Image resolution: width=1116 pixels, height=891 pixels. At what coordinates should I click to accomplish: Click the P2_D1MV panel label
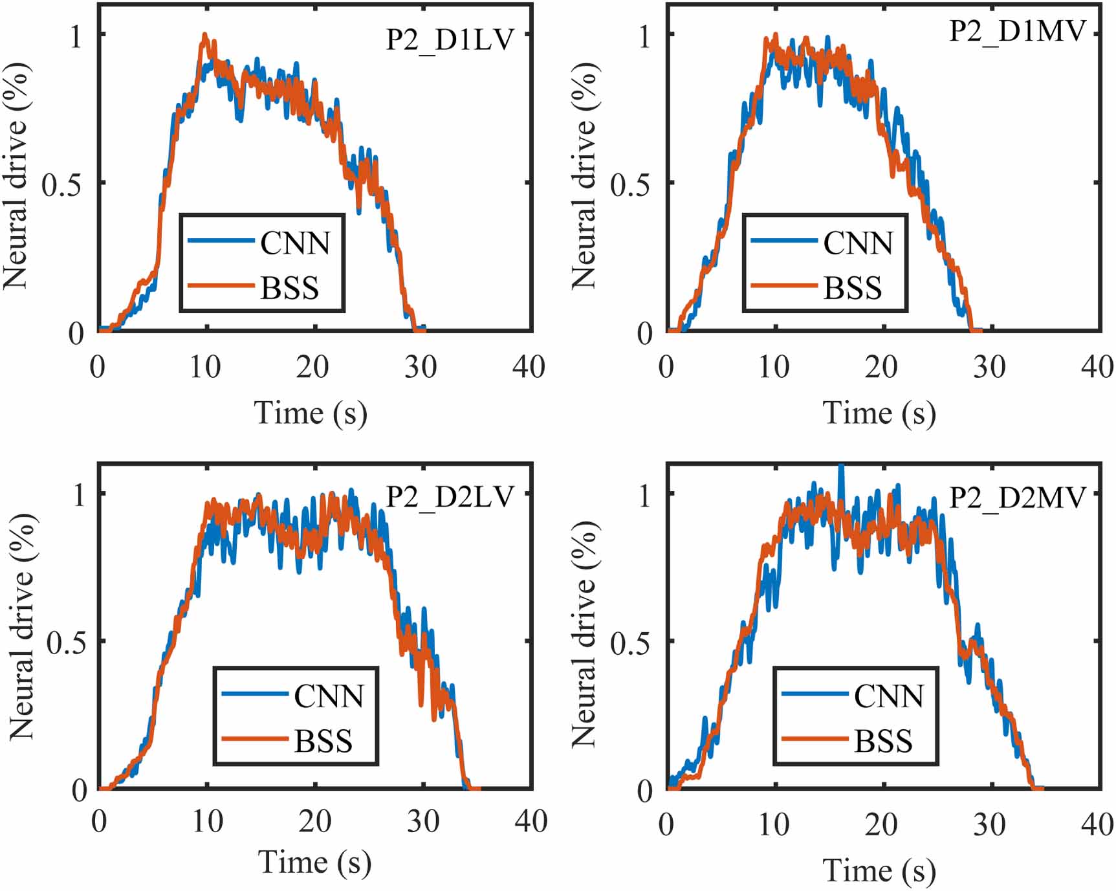click(1017, 31)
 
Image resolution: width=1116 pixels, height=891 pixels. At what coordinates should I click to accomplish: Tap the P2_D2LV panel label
click(450, 497)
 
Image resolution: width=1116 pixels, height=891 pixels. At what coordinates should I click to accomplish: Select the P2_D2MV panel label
click(1017, 497)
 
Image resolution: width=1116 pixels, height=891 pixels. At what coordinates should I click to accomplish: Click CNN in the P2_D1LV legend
click(295, 244)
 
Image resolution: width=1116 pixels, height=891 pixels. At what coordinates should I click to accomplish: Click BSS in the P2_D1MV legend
click(852, 288)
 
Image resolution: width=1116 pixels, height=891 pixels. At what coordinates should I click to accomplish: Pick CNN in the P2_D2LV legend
click(329, 697)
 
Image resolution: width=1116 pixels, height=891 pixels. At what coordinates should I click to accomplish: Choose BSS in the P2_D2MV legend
click(883, 742)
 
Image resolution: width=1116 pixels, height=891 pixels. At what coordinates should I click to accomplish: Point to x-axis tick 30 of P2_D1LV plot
click(421, 368)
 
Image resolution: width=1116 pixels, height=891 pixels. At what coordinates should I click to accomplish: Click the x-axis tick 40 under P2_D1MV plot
click(1097, 368)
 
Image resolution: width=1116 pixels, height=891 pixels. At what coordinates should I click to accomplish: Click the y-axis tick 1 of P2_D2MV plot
click(644, 496)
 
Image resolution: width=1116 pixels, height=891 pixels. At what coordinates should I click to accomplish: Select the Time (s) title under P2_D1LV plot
click(311, 413)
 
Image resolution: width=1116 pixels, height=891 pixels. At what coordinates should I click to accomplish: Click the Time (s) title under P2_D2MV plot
click(879, 870)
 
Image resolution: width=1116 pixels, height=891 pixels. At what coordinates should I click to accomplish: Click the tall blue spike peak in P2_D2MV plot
click(841, 466)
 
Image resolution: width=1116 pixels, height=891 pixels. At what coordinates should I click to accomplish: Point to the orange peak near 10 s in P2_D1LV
click(205, 35)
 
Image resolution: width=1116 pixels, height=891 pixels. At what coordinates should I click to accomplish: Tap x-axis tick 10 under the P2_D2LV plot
click(208, 822)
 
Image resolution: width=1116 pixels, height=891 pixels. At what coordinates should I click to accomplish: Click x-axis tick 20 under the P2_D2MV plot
click(881, 825)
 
